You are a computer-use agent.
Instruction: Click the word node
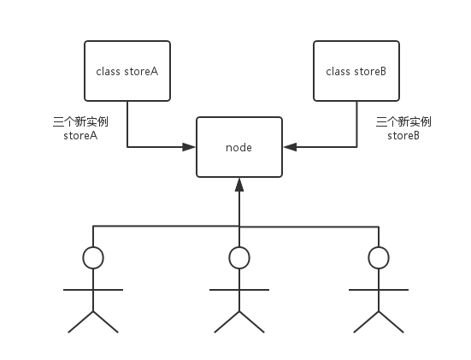point(238,148)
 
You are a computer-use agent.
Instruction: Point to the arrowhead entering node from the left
point(189,147)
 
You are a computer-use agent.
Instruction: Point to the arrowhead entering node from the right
point(290,147)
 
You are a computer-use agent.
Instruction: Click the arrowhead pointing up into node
point(239,185)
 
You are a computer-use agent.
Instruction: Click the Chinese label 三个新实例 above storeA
point(80,122)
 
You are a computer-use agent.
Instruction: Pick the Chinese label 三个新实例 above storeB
point(403,122)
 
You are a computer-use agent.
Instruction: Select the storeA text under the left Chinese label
point(80,135)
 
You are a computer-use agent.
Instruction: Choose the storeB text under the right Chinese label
point(403,135)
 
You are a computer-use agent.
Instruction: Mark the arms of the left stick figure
point(93,290)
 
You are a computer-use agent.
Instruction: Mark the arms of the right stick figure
point(379,290)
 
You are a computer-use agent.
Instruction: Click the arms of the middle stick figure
point(239,290)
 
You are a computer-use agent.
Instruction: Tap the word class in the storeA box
point(109,72)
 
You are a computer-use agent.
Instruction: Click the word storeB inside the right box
point(370,72)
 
